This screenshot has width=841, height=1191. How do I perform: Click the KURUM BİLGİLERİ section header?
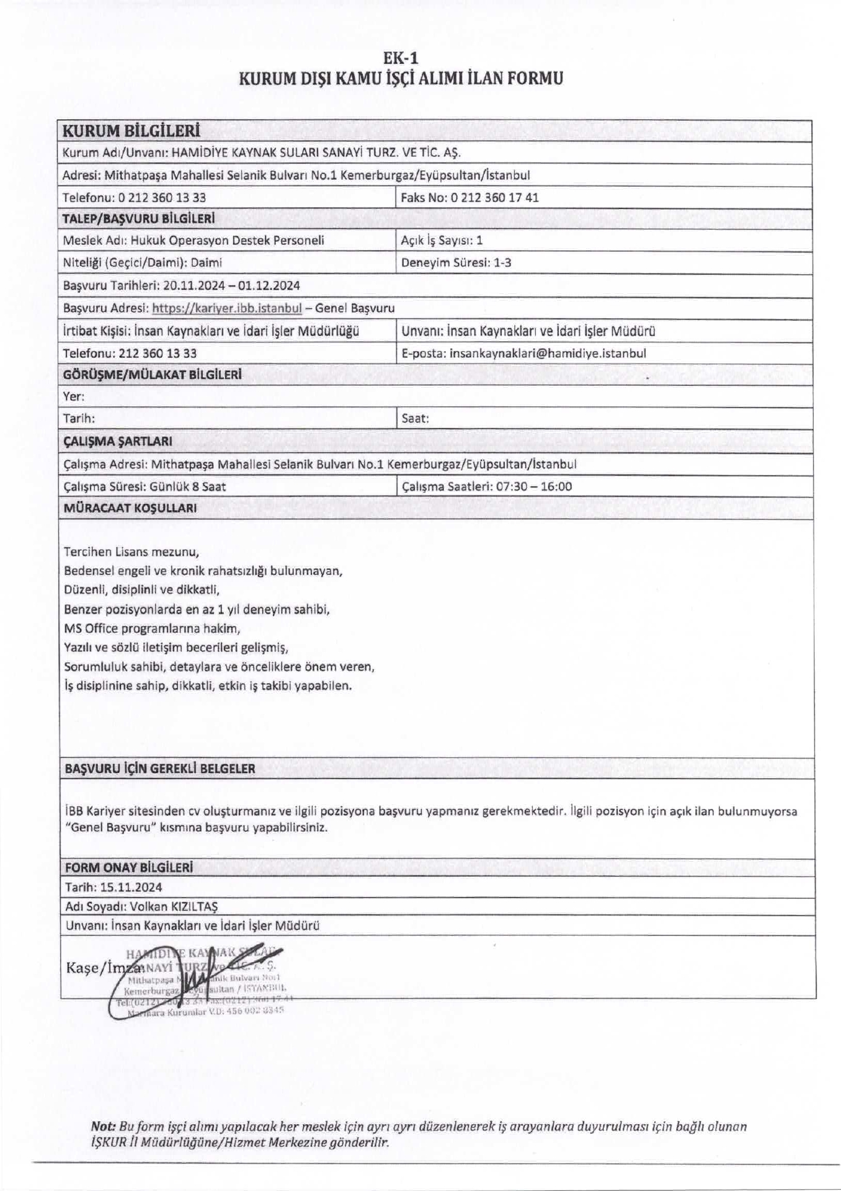(131, 131)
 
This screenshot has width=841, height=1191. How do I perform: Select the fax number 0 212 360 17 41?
(494, 197)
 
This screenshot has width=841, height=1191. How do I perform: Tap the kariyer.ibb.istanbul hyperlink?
(226, 308)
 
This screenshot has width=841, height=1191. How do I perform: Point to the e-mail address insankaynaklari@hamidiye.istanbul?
(548, 353)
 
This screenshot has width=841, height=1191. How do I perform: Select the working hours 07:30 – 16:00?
(533, 486)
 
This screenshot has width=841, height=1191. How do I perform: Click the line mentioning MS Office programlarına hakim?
(151, 628)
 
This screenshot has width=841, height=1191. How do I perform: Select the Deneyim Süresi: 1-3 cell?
(456, 262)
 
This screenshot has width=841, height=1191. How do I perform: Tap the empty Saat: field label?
(415, 418)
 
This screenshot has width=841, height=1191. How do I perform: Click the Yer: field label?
(74, 396)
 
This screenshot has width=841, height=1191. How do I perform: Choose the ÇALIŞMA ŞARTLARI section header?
(117, 441)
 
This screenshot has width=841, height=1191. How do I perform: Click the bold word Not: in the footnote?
(103, 1126)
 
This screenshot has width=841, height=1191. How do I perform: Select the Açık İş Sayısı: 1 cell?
(442, 240)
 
